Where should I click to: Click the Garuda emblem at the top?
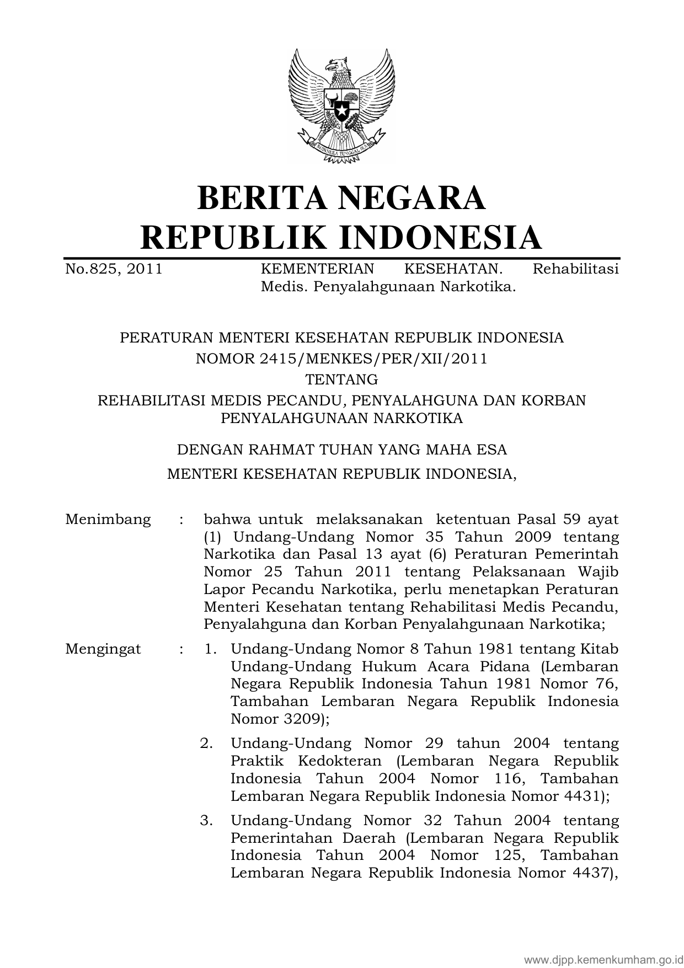[x=341, y=106]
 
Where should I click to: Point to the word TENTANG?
[x=342, y=379]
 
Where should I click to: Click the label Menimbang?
[x=108, y=519]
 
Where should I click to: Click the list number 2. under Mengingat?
[x=206, y=744]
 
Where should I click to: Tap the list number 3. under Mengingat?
[x=206, y=821]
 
